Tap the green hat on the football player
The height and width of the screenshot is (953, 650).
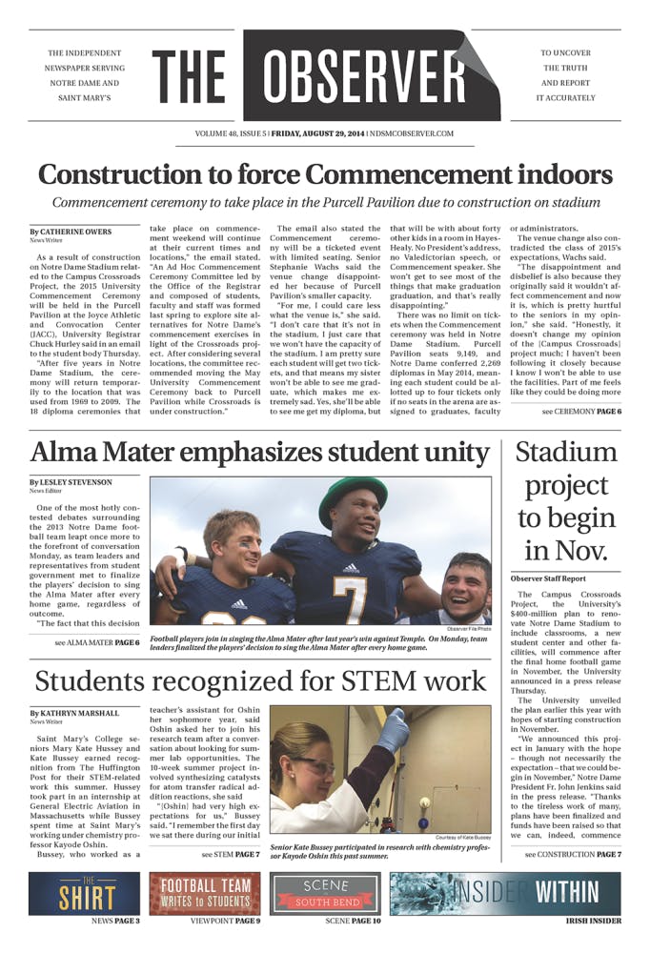point(353,492)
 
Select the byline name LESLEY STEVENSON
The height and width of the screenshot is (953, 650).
point(79,482)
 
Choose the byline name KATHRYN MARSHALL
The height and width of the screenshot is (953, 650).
point(80,713)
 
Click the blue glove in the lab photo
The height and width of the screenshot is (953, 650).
point(393,731)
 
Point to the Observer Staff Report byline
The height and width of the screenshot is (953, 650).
point(554,578)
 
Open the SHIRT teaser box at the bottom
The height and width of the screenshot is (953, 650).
point(84,894)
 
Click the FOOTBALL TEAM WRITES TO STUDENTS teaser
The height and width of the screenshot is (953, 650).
point(204,894)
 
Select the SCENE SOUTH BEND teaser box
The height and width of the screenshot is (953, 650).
point(326,894)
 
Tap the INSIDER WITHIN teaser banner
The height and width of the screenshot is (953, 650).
point(505,894)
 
